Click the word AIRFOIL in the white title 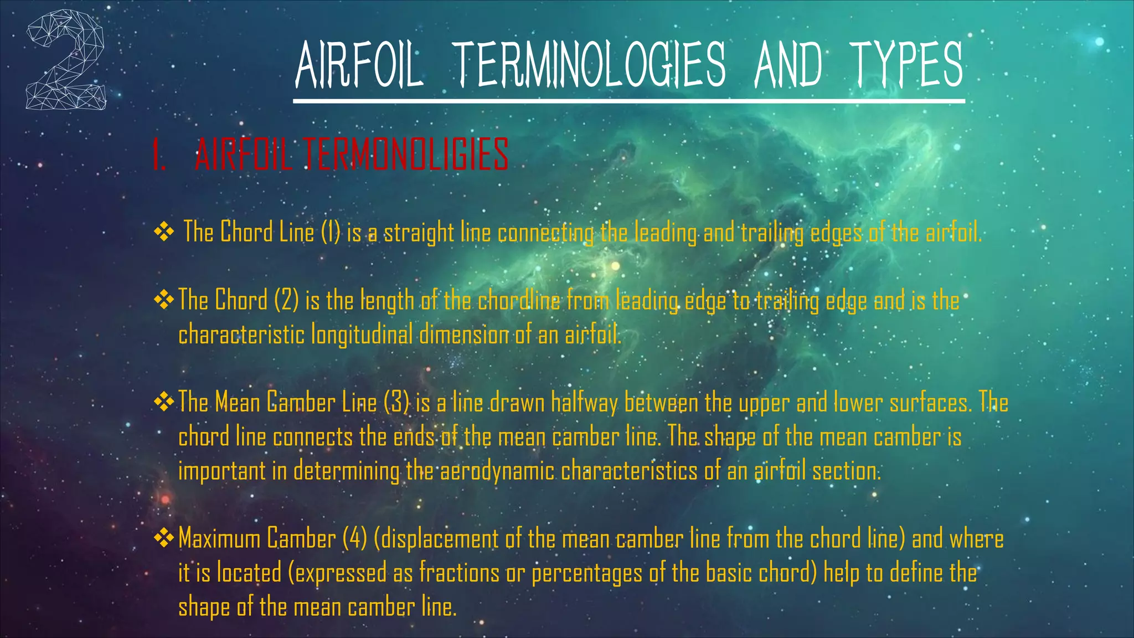tap(359, 65)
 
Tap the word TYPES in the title tap(907, 65)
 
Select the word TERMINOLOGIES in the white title tap(589, 65)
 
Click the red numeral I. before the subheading tap(159, 155)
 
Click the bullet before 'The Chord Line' tap(164, 232)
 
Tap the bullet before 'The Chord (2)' tap(164, 300)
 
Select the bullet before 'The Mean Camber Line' tap(164, 402)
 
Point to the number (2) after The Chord tap(286, 300)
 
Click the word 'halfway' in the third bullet tap(584, 403)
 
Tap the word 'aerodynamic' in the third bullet tap(497, 471)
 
